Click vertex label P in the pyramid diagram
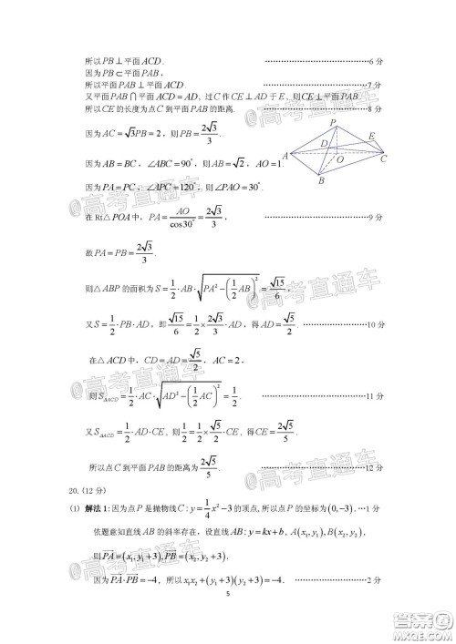(335, 122)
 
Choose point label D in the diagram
(323, 144)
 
